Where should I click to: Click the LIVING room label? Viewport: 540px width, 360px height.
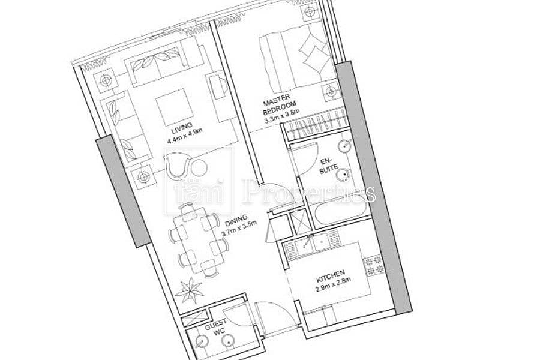181,128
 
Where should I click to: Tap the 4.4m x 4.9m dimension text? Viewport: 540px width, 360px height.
184,136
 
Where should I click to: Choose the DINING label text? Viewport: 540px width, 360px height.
236,220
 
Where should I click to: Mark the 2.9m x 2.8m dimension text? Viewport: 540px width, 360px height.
333,284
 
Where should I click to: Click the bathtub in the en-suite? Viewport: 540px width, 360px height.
339,211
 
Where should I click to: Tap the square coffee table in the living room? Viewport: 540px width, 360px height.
174,107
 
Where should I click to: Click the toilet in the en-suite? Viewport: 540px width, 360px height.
344,175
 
